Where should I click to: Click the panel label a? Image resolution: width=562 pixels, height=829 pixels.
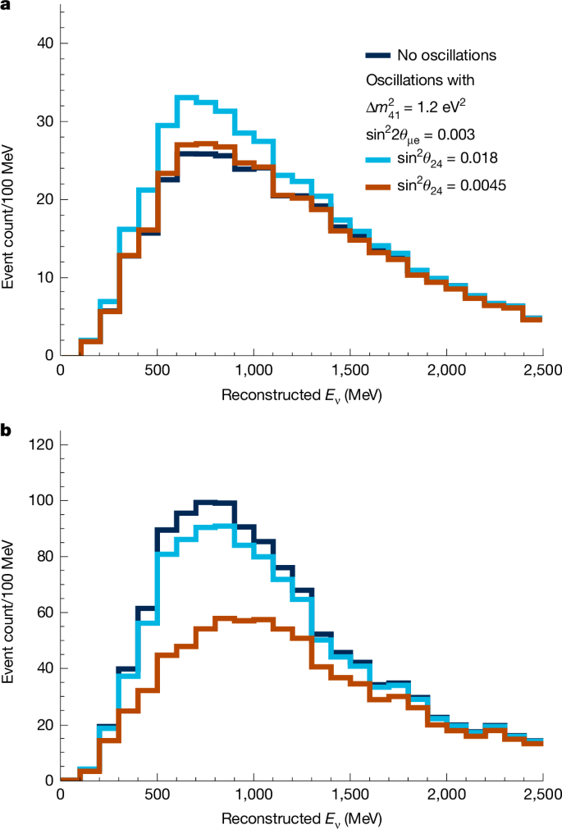7,7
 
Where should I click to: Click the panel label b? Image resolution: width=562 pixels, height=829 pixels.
7,427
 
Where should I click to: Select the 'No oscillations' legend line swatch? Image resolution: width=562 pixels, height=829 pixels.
377,56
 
